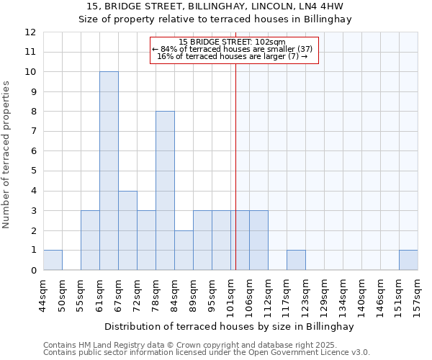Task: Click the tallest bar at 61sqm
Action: [x=109, y=171]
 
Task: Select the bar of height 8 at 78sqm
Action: [x=165, y=191]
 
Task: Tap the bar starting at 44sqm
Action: [x=53, y=260]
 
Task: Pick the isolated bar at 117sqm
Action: [x=296, y=260]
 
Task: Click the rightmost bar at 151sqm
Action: [x=408, y=260]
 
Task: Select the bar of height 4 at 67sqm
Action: [x=127, y=230]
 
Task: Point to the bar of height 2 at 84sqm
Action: [x=184, y=250]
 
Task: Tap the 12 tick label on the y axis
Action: [x=30, y=32]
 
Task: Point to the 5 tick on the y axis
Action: [x=32, y=171]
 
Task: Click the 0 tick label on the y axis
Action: [x=32, y=271]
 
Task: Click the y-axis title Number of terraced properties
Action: [x=7, y=154]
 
